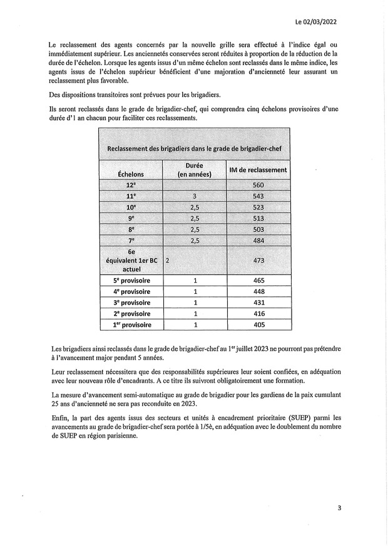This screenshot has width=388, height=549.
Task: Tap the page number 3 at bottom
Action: (339, 508)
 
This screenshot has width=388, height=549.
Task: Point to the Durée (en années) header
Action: (194, 169)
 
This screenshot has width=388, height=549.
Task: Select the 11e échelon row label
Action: (131, 196)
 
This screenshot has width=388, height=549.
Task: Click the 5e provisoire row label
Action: (131, 280)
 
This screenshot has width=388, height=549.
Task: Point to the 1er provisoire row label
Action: (131, 325)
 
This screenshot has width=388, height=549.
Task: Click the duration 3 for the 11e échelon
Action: (195, 196)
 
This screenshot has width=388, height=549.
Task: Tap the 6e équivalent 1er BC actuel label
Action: (131, 259)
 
